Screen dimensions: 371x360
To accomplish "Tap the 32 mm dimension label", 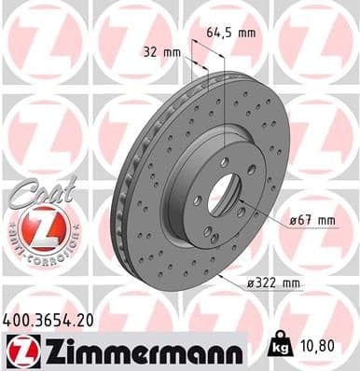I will (x=160, y=52).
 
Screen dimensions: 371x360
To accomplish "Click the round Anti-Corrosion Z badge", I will (x=37, y=228).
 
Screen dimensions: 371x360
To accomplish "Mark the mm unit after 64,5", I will (x=247, y=32).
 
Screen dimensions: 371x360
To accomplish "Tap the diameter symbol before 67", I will (x=292, y=219).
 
